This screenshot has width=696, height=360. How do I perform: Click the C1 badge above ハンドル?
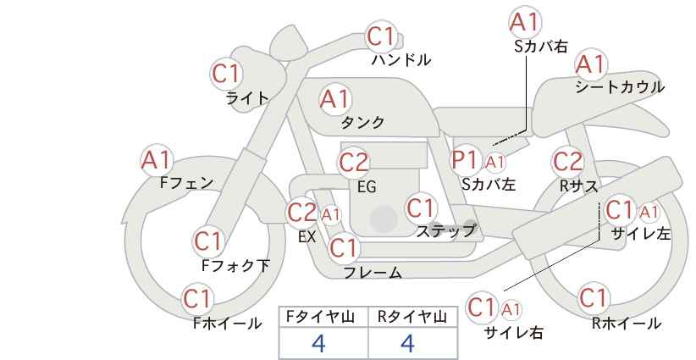[x=380, y=36]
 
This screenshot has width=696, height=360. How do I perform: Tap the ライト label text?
[x=247, y=98]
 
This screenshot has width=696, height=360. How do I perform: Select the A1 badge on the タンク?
[x=334, y=100]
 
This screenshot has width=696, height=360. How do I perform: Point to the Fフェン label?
[x=186, y=182]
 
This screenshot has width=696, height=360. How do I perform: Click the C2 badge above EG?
[x=353, y=163]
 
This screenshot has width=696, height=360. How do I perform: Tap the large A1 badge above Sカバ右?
[x=525, y=23]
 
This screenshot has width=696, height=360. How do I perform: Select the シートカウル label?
[x=620, y=86]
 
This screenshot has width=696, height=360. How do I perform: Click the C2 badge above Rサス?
[x=567, y=162]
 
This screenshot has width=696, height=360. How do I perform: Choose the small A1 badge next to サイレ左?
[x=649, y=213]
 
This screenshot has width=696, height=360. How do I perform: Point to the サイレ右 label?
[x=514, y=332]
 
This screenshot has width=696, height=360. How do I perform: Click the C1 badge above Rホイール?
[x=593, y=298]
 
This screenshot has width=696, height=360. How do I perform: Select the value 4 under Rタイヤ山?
[x=407, y=343]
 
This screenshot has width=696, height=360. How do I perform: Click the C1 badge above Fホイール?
[x=197, y=299]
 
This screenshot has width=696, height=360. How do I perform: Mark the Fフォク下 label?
[x=235, y=265]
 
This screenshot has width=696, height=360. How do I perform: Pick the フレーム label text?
[x=373, y=272]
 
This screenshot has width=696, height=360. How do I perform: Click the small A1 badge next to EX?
[x=331, y=215]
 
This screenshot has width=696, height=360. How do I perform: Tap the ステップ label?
[x=445, y=230]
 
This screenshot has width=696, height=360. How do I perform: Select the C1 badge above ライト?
[x=226, y=75]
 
